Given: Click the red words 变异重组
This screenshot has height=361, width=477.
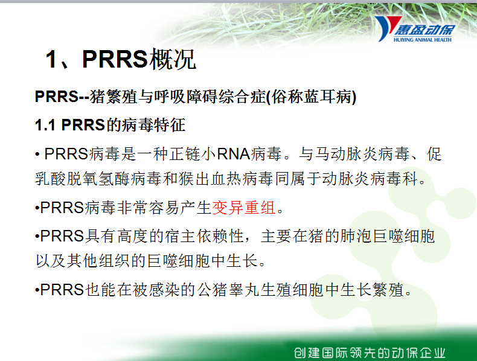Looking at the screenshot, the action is [244, 208].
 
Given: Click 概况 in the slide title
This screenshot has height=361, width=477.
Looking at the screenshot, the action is [172, 59].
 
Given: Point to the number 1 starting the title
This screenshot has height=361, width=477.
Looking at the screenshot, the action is [51, 59].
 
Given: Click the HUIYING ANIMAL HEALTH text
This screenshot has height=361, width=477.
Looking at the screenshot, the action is [423, 39].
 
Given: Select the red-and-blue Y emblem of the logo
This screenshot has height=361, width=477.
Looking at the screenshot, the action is [388, 28].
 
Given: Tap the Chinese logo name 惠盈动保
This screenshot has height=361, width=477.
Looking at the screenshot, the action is [424, 30].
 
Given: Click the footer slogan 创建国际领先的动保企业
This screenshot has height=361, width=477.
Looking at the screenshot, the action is [370, 353].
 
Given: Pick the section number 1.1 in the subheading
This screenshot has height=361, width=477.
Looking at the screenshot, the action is [45, 125].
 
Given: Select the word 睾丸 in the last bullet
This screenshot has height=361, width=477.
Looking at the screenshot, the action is [245, 290].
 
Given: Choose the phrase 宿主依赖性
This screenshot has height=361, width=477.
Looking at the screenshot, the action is [205, 236].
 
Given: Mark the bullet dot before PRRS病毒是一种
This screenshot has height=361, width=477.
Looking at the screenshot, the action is [37, 155].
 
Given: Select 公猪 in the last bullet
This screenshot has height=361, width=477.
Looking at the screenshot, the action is [213, 290].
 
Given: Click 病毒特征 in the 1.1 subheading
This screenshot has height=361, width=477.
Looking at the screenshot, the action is [153, 125].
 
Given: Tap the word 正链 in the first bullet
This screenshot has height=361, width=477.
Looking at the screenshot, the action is [185, 154].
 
